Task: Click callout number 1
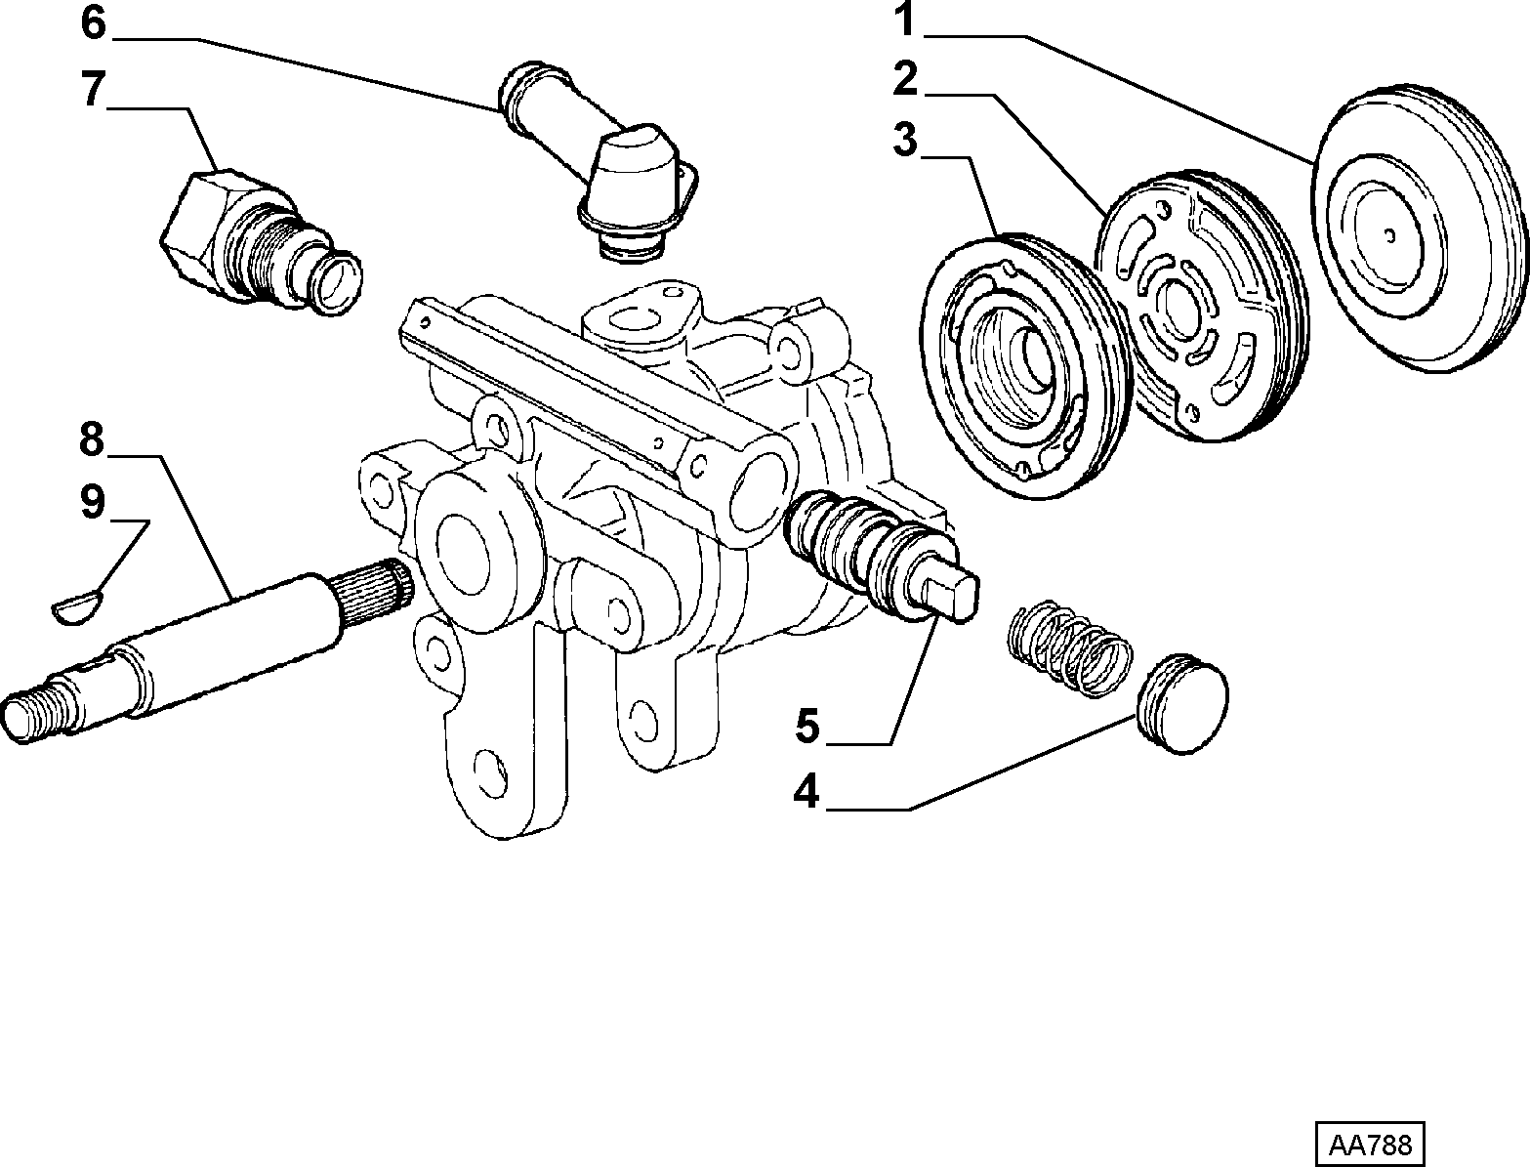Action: click(904, 20)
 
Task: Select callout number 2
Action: click(905, 79)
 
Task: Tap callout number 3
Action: click(905, 140)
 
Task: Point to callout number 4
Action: click(806, 791)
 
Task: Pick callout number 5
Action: click(807, 726)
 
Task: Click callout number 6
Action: click(93, 22)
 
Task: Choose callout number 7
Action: click(93, 89)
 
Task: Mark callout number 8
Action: click(92, 439)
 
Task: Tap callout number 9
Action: click(92, 502)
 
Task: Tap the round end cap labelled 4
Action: click(1182, 703)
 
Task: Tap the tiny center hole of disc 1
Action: click(1389, 235)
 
